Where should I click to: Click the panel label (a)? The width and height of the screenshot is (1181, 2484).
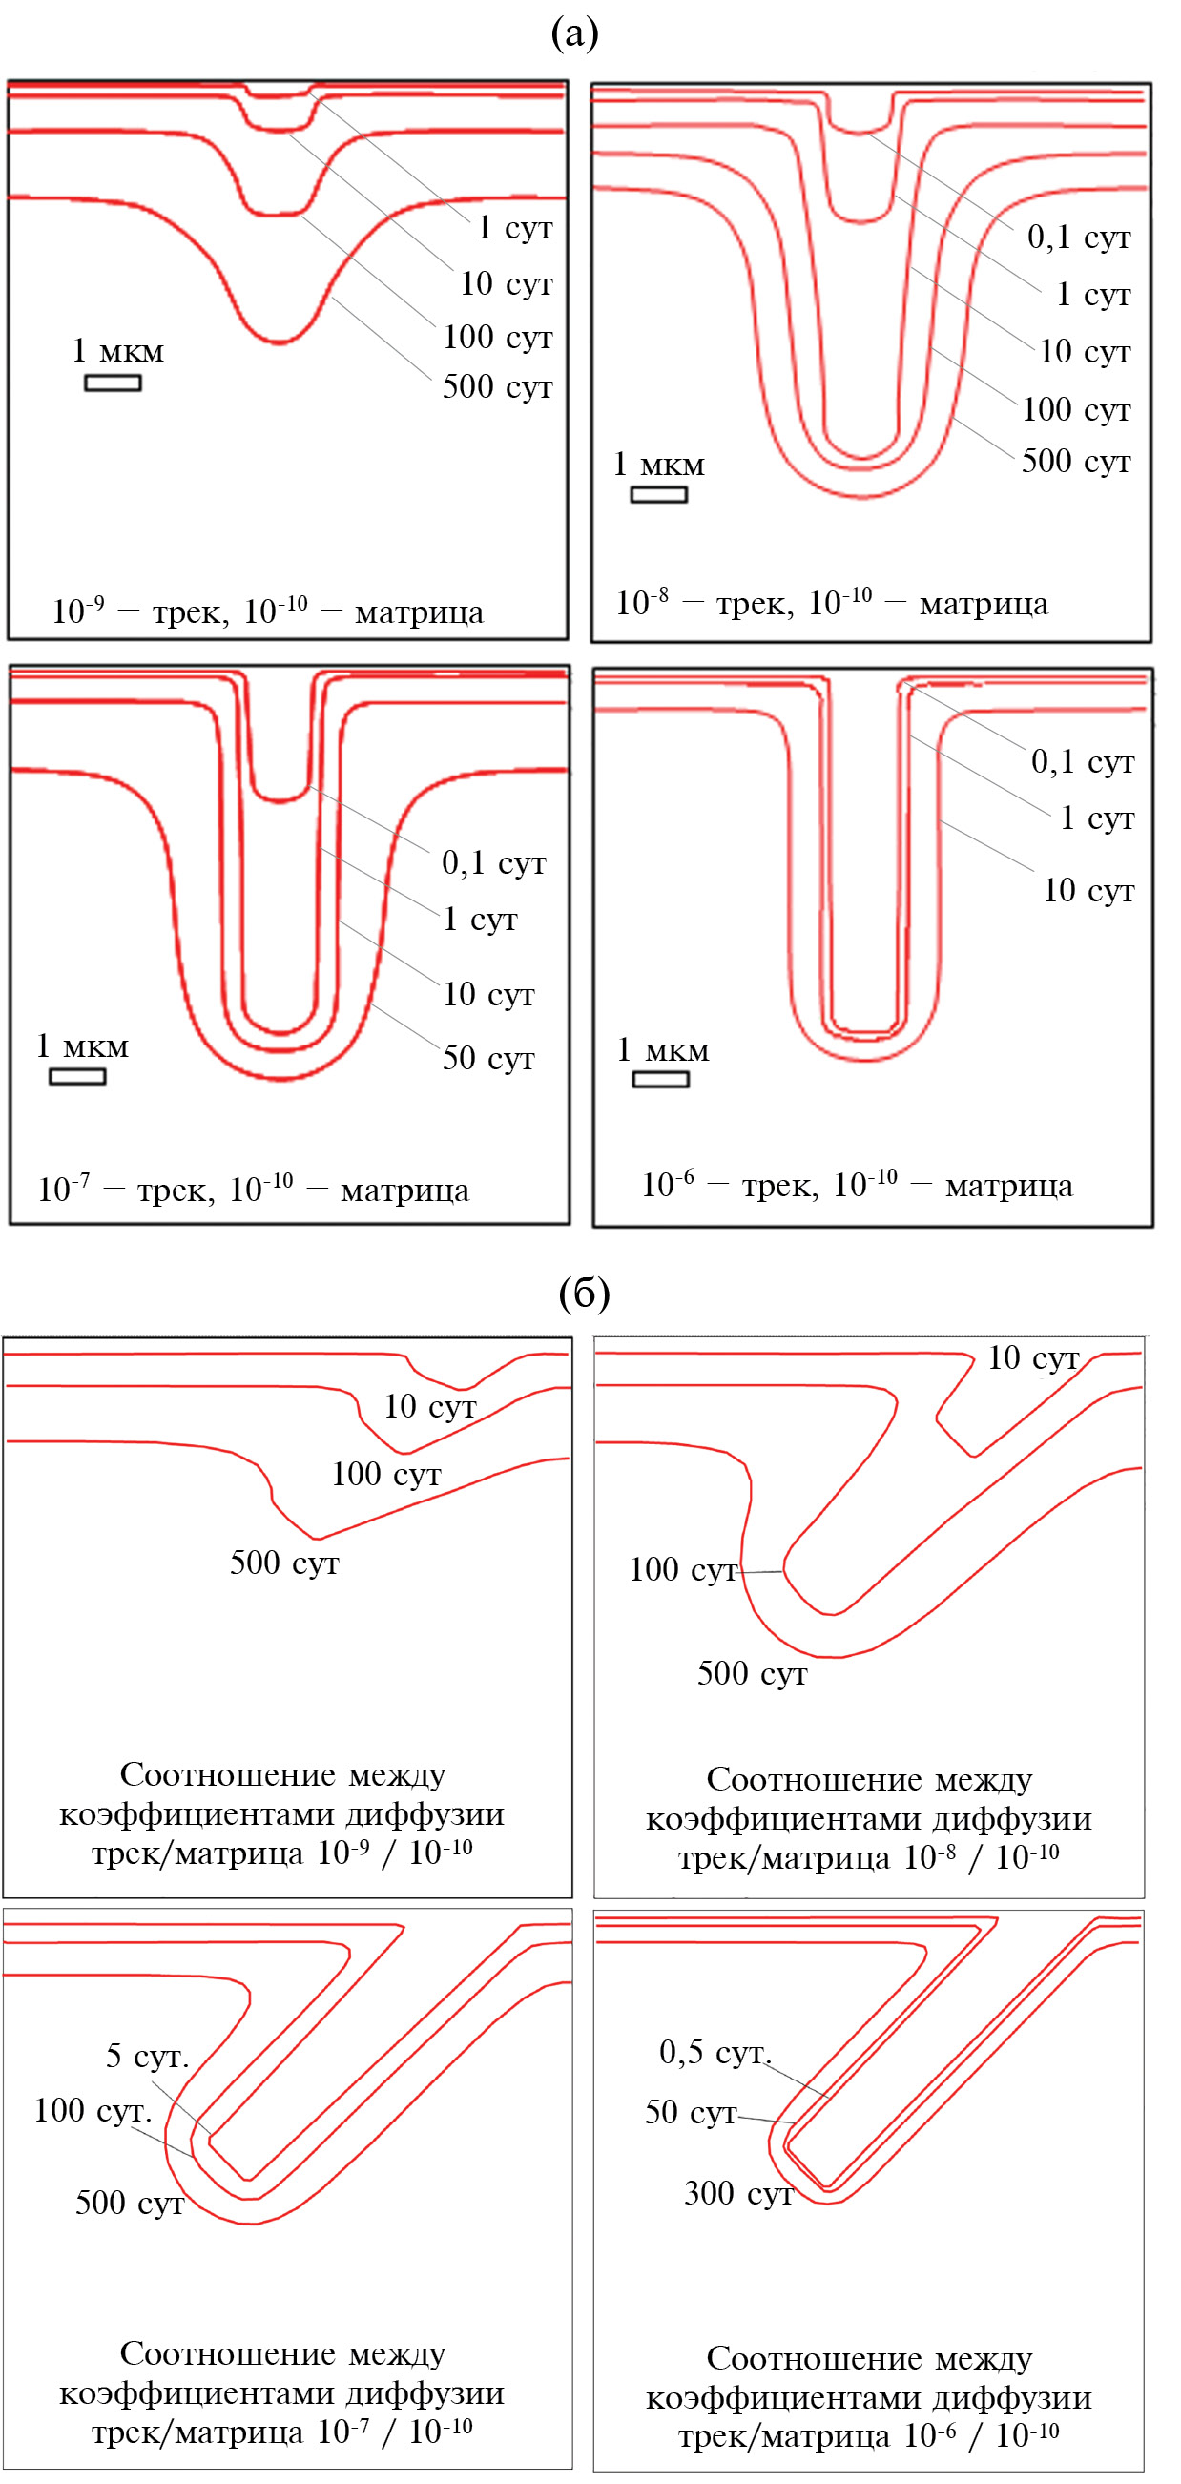coord(574,34)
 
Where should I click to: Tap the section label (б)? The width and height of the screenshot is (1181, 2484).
coord(584,1294)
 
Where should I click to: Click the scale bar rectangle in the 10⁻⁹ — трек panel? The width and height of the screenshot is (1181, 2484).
coord(113,383)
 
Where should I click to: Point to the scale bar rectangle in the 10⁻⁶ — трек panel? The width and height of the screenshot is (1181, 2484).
coord(660,1079)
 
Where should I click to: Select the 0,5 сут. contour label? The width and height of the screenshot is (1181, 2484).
coord(715,2051)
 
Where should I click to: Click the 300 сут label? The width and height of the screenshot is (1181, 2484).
coord(737,2193)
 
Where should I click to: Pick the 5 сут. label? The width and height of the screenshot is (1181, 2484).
coord(147,2056)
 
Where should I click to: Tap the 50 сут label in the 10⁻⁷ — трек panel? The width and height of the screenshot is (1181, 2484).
coord(487,1058)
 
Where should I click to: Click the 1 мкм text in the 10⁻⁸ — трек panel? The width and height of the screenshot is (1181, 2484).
coord(658,465)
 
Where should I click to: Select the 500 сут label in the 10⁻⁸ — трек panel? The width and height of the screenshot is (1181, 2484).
coord(1075,461)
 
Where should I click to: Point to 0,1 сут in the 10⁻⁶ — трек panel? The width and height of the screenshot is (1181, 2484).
coord(1083,762)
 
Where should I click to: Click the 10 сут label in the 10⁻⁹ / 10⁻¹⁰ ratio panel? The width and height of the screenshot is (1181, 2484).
coord(430,1406)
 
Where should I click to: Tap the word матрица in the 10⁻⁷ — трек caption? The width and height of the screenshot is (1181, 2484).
coord(404,1190)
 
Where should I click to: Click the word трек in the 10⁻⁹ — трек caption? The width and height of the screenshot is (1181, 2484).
coord(183,612)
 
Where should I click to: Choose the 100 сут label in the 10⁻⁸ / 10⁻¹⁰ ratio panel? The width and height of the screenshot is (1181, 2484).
coord(683,1570)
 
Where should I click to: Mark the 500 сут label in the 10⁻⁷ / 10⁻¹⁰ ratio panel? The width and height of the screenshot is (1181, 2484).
coord(129,2203)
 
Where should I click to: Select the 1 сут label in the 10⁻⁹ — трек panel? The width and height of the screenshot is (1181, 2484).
coord(515,228)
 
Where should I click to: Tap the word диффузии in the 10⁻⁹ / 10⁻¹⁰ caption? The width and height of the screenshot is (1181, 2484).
coord(425,1813)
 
